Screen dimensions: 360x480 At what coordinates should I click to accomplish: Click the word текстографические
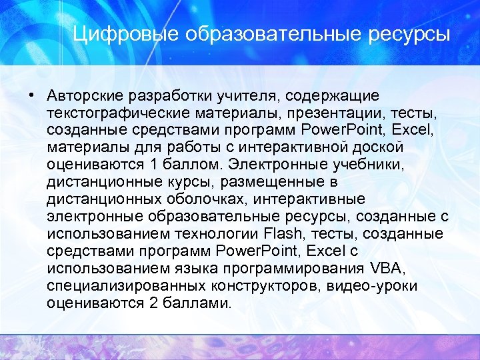[119, 112]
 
